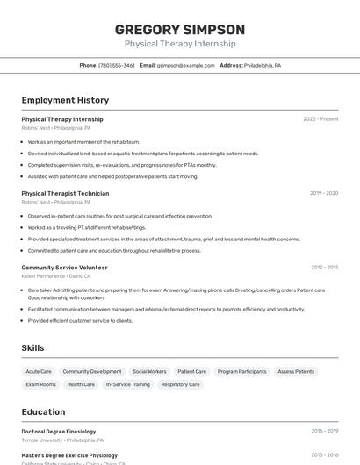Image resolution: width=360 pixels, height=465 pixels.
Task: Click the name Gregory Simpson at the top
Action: (180, 30)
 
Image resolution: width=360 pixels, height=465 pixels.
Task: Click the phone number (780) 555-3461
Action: (117, 65)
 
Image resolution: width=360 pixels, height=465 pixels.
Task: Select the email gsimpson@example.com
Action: (186, 65)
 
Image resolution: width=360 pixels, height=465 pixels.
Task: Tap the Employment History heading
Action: (65, 101)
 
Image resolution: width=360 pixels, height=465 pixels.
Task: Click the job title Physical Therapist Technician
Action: (66, 193)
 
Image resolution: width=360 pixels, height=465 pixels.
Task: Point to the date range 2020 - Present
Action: (320, 119)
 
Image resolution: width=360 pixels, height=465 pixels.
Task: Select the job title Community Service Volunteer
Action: (65, 268)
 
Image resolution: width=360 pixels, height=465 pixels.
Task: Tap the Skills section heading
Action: (32, 348)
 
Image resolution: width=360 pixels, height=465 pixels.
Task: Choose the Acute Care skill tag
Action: (39, 372)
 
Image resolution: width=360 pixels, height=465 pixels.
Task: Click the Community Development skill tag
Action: (92, 372)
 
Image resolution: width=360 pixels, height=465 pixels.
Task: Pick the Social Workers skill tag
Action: (149, 372)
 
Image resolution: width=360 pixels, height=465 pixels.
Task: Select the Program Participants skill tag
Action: (241, 372)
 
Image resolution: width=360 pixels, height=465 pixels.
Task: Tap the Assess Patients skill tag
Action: (296, 372)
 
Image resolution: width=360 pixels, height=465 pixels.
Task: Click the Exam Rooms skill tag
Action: (40, 384)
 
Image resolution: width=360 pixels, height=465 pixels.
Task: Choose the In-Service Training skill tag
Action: (128, 384)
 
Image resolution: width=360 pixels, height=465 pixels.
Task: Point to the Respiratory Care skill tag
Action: (181, 384)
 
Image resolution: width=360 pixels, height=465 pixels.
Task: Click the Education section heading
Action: (43, 412)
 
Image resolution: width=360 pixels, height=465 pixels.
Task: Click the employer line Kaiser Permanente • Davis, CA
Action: (56, 275)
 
